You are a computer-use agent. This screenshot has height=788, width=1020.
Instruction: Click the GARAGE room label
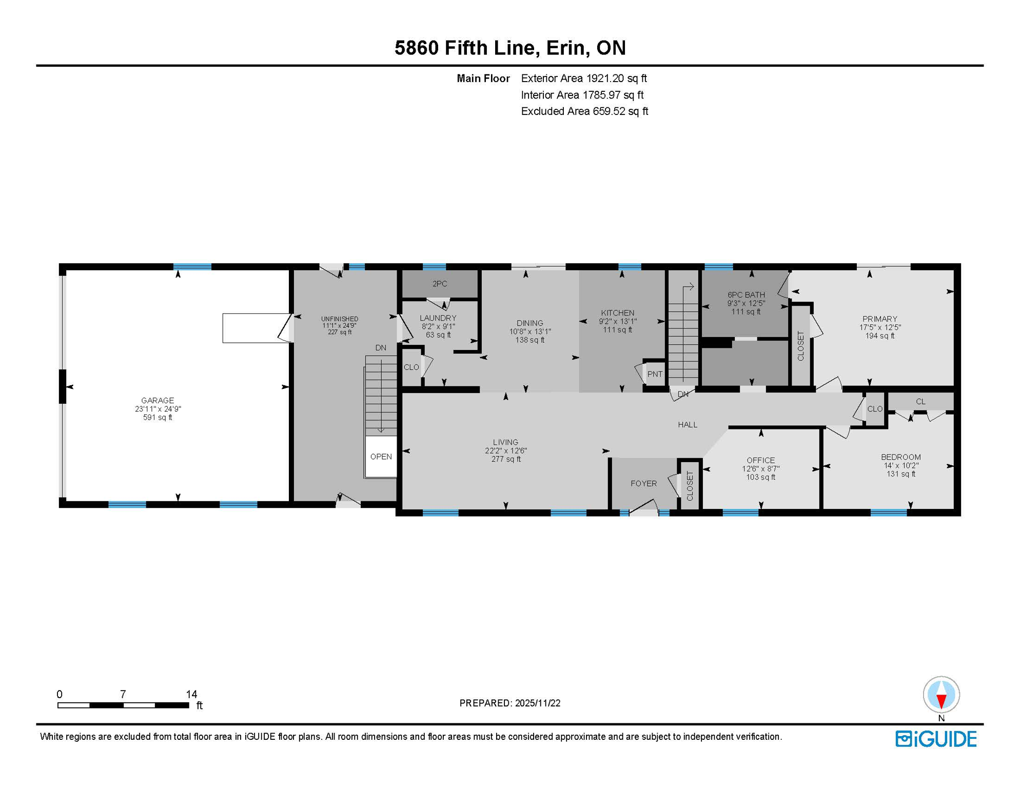[x=158, y=400]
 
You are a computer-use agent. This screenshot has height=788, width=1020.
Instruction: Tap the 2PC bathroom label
[x=440, y=284]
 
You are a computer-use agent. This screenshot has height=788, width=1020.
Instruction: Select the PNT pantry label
[x=655, y=374]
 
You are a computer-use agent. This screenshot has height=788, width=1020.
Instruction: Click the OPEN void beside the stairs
[x=381, y=457]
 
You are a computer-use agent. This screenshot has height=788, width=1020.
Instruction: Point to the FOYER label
[x=643, y=483]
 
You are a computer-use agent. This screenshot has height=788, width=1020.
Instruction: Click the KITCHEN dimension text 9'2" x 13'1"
[x=617, y=322]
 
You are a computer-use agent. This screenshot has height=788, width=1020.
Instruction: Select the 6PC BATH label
[x=746, y=294]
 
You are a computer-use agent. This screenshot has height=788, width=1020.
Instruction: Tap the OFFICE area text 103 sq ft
[x=760, y=477]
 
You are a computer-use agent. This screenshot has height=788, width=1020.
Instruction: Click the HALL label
[x=688, y=424]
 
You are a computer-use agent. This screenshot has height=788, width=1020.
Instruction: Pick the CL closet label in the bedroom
[x=920, y=401]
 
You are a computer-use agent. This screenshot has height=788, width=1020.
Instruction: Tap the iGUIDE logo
[x=936, y=739]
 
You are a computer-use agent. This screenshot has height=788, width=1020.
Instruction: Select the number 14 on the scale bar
[x=191, y=694]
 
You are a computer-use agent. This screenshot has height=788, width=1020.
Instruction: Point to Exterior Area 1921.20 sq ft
[x=583, y=78]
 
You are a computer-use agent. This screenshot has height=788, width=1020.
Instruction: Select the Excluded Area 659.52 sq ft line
[x=584, y=111]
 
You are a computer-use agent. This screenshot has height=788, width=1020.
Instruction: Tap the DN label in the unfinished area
[x=380, y=348]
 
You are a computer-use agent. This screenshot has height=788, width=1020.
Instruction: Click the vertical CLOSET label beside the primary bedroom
[x=800, y=346]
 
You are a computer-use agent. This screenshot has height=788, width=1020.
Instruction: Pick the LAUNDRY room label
[x=438, y=318]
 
